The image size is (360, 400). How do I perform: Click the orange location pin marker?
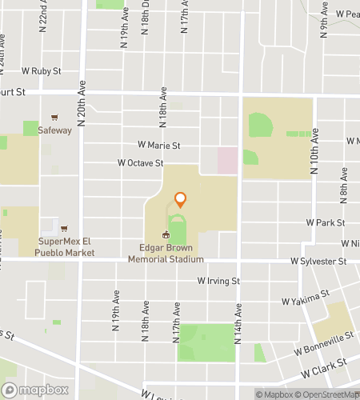[180, 199]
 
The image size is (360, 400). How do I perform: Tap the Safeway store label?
[55, 130]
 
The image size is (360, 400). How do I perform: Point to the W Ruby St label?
[42, 71]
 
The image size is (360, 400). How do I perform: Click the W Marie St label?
[160, 146]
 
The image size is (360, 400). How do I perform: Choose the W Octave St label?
[141, 162]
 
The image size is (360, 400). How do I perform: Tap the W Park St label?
[325, 222]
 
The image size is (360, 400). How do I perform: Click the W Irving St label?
[218, 281]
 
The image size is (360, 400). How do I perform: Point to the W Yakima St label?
[306, 298]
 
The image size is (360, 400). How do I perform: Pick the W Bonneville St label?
[323, 345]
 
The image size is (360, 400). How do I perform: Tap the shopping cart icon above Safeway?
[55, 117]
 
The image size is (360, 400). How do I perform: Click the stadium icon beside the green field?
[166, 234]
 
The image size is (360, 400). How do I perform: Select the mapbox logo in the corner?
[35, 390]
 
